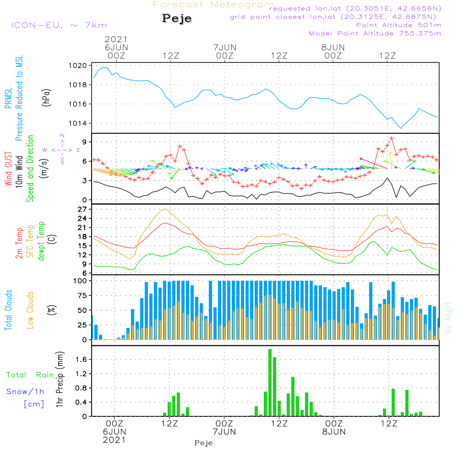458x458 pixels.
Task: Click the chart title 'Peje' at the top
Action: pos(177,19)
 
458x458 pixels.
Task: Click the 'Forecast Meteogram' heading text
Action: pos(213,5)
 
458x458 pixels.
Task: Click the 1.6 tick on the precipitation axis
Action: pos(82,360)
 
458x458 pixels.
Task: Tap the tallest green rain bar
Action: pos(270,382)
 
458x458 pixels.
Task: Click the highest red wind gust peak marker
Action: pos(392,138)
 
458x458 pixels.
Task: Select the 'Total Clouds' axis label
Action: pos(9,310)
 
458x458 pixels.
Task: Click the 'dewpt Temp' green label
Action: pos(41,241)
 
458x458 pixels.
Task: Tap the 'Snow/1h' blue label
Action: pos(26,392)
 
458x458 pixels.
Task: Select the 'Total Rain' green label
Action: pos(30,375)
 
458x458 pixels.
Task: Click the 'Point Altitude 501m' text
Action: pos(398,25)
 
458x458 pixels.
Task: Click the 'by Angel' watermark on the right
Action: pos(448,318)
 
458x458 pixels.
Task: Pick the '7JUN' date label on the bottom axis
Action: pos(224,432)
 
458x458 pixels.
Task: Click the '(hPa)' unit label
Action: pos(46,97)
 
